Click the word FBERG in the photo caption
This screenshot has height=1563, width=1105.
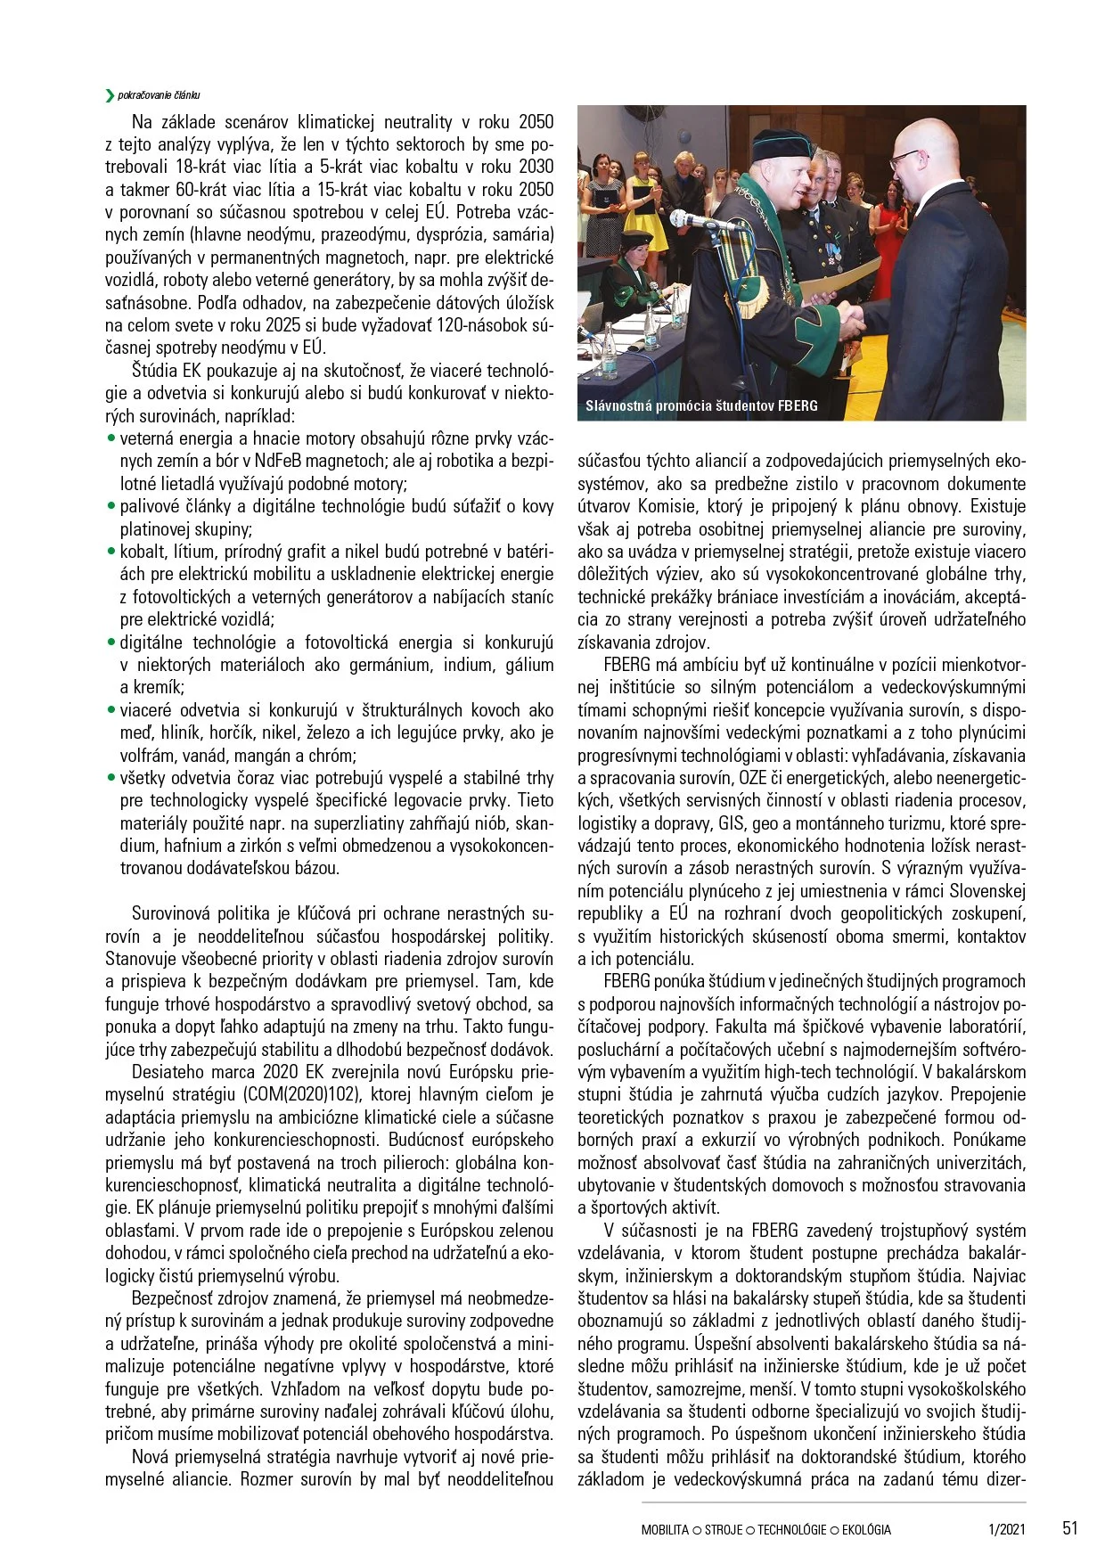coord(797,406)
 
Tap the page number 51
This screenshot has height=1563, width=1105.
coord(1069,1527)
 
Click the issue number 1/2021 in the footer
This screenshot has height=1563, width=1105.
coord(1007,1529)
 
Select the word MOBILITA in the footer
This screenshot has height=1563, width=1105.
coord(665,1529)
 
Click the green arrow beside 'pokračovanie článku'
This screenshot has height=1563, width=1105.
coord(110,95)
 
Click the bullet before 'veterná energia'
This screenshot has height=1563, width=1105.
coord(111,438)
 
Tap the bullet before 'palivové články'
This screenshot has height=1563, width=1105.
coord(111,506)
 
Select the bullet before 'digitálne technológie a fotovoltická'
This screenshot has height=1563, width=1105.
coord(111,642)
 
